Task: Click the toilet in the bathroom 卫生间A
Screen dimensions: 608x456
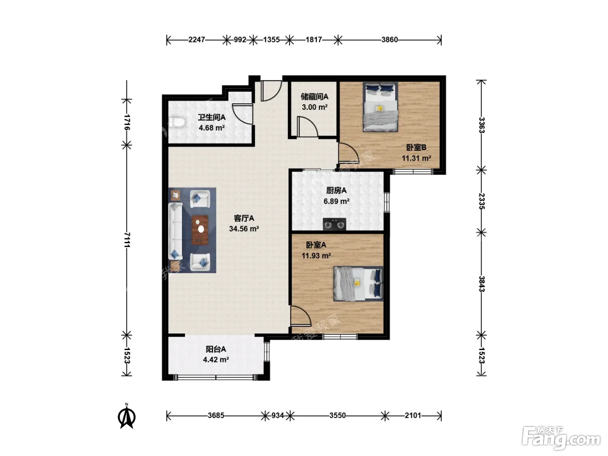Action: point(177,122)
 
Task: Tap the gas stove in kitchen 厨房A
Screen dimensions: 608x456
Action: point(334,224)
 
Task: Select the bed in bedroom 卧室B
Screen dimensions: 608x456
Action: point(380,107)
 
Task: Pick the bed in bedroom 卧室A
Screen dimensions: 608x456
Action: point(358,284)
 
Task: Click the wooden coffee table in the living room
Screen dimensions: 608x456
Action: point(200,230)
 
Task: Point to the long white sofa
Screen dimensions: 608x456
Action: point(175,231)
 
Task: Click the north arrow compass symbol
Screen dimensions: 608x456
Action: point(127,416)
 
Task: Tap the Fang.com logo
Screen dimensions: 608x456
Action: point(561,439)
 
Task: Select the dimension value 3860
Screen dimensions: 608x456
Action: point(390,40)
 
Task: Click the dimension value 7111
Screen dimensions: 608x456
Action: point(127,240)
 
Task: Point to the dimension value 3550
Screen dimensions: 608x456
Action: point(337,416)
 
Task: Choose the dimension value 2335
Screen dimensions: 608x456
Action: point(482,201)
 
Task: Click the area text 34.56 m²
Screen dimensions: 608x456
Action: point(244,229)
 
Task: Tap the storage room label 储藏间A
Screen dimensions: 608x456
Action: point(315,96)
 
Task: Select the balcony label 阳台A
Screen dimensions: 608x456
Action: point(216,349)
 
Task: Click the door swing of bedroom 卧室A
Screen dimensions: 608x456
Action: point(301,316)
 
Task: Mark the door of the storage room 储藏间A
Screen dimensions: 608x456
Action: point(307,126)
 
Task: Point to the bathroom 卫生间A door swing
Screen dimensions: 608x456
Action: point(242,114)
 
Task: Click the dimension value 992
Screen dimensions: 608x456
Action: point(240,40)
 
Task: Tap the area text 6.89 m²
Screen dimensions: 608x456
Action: point(336,201)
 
